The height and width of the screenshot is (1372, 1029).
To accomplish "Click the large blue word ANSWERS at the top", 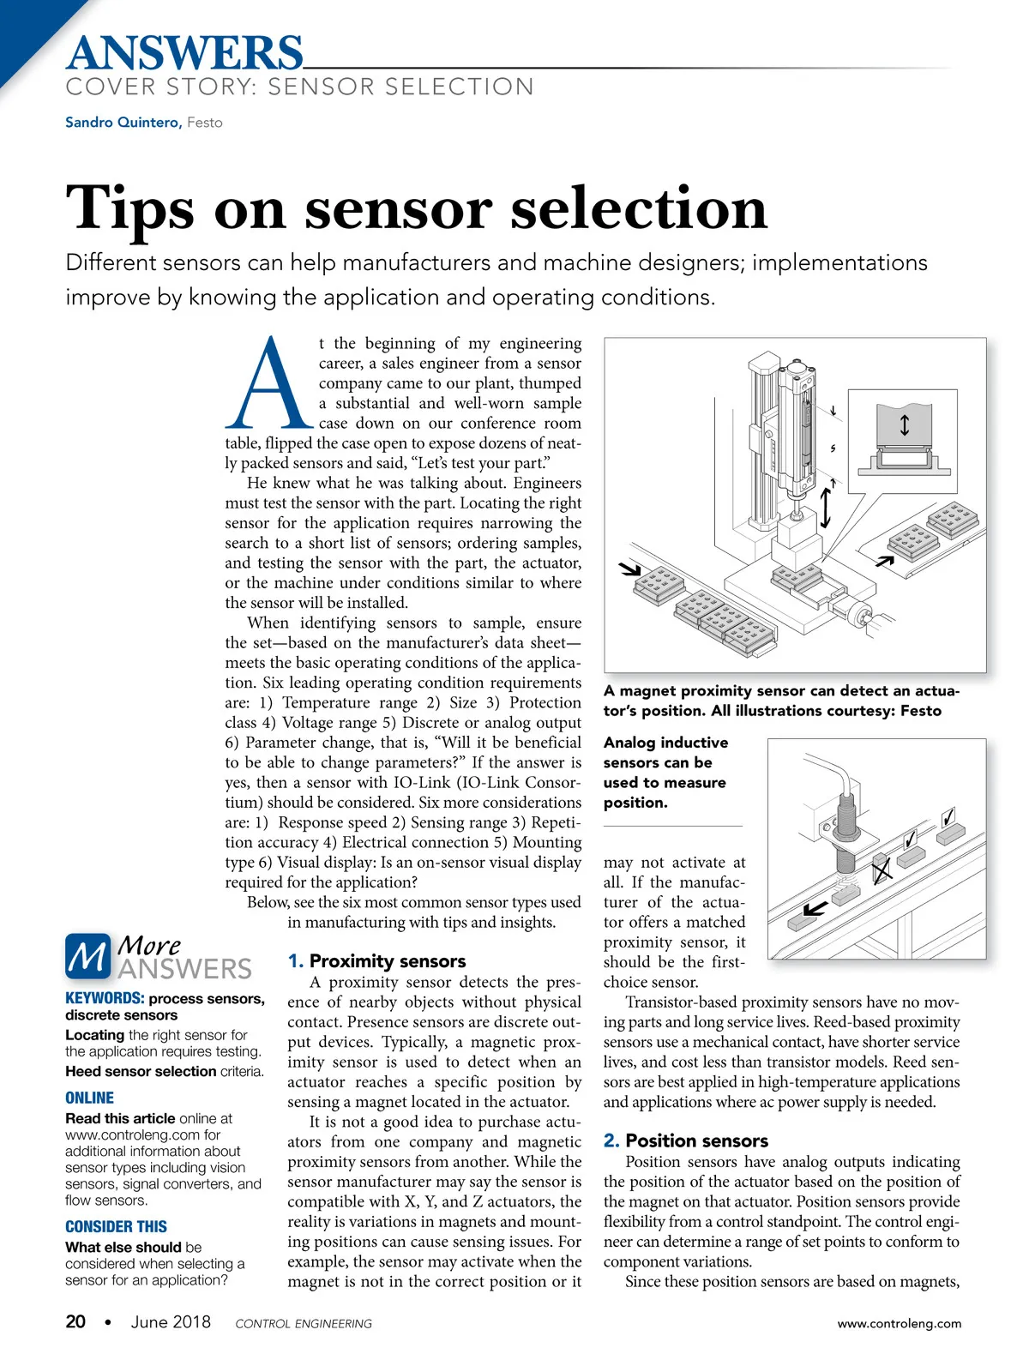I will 184,53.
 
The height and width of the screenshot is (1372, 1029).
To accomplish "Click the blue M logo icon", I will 87,957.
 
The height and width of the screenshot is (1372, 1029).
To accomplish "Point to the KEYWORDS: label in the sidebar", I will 105,999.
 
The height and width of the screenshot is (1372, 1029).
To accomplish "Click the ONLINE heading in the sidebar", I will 89,1098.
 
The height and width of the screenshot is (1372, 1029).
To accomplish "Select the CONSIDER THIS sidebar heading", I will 116,1227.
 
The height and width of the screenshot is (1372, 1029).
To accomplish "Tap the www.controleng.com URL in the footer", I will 900,1323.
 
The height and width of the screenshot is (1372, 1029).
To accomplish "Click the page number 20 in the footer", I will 75,1321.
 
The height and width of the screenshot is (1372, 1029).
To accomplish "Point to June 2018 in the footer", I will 171,1321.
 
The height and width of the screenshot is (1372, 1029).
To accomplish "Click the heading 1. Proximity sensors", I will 376,961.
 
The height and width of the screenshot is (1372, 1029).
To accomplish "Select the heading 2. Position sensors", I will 685,1140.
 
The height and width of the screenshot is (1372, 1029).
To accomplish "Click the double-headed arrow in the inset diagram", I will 904,424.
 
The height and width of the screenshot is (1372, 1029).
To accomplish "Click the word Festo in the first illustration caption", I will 920,711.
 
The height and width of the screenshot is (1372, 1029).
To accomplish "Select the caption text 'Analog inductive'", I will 665,743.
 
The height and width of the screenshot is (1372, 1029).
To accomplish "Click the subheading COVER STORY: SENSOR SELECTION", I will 299,87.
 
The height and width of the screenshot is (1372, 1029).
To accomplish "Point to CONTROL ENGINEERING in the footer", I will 304,1324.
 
